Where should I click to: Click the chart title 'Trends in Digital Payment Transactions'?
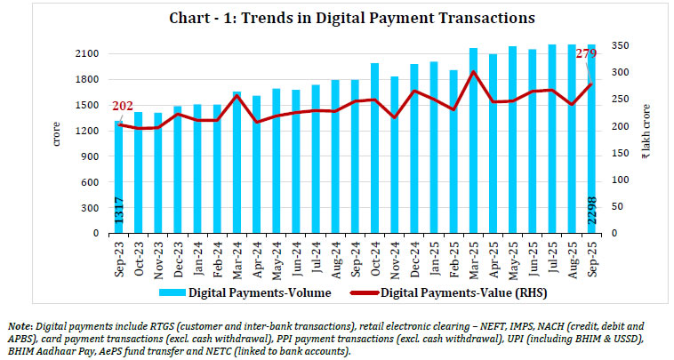coord(336,16)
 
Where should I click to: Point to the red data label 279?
coord(586,53)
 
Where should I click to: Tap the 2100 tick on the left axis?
coord(90,53)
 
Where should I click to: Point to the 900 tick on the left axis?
coord(92,156)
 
